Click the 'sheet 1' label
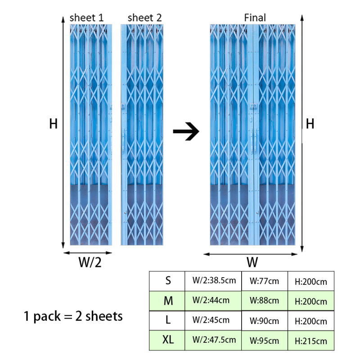point(87,18)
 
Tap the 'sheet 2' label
point(144,18)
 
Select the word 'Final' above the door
point(255,18)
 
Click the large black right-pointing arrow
point(186,133)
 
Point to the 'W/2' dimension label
point(90,263)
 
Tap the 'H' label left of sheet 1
point(53,124)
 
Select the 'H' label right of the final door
point(310,124)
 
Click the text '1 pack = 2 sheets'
point(73,316)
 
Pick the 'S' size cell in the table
point(167,281)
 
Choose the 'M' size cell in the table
point(167,301)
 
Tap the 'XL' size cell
point(167,340)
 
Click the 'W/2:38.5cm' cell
point(214,281)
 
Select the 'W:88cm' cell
point(265,301)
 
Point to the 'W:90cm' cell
point(265,321)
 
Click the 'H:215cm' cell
point(310,341)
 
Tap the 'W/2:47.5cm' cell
point(214,340)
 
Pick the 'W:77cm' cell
point(265,281)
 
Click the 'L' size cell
point(167,320)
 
